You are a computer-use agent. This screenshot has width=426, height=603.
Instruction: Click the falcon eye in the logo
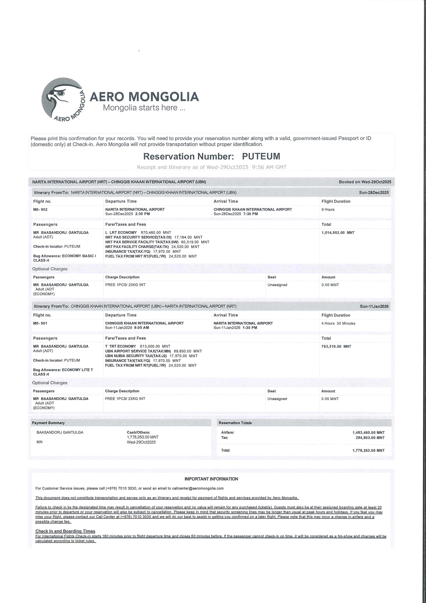(62, 93)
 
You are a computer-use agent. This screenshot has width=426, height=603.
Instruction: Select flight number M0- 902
(40, 209)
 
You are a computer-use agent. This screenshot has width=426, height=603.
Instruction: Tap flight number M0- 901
(40, 323)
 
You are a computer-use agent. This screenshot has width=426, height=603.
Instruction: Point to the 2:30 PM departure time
(143, 214)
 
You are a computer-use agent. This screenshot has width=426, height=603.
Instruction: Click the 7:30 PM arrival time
(250, 214)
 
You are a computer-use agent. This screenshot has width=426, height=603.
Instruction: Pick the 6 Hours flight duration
(328, 209)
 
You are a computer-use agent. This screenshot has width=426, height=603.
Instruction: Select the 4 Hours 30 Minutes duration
(338, 323)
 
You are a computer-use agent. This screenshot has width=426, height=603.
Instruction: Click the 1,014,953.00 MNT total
(338, 233)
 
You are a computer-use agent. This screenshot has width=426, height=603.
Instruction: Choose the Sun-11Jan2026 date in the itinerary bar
(374, 306)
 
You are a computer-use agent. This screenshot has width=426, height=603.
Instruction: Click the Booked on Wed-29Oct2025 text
(365, 182)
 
